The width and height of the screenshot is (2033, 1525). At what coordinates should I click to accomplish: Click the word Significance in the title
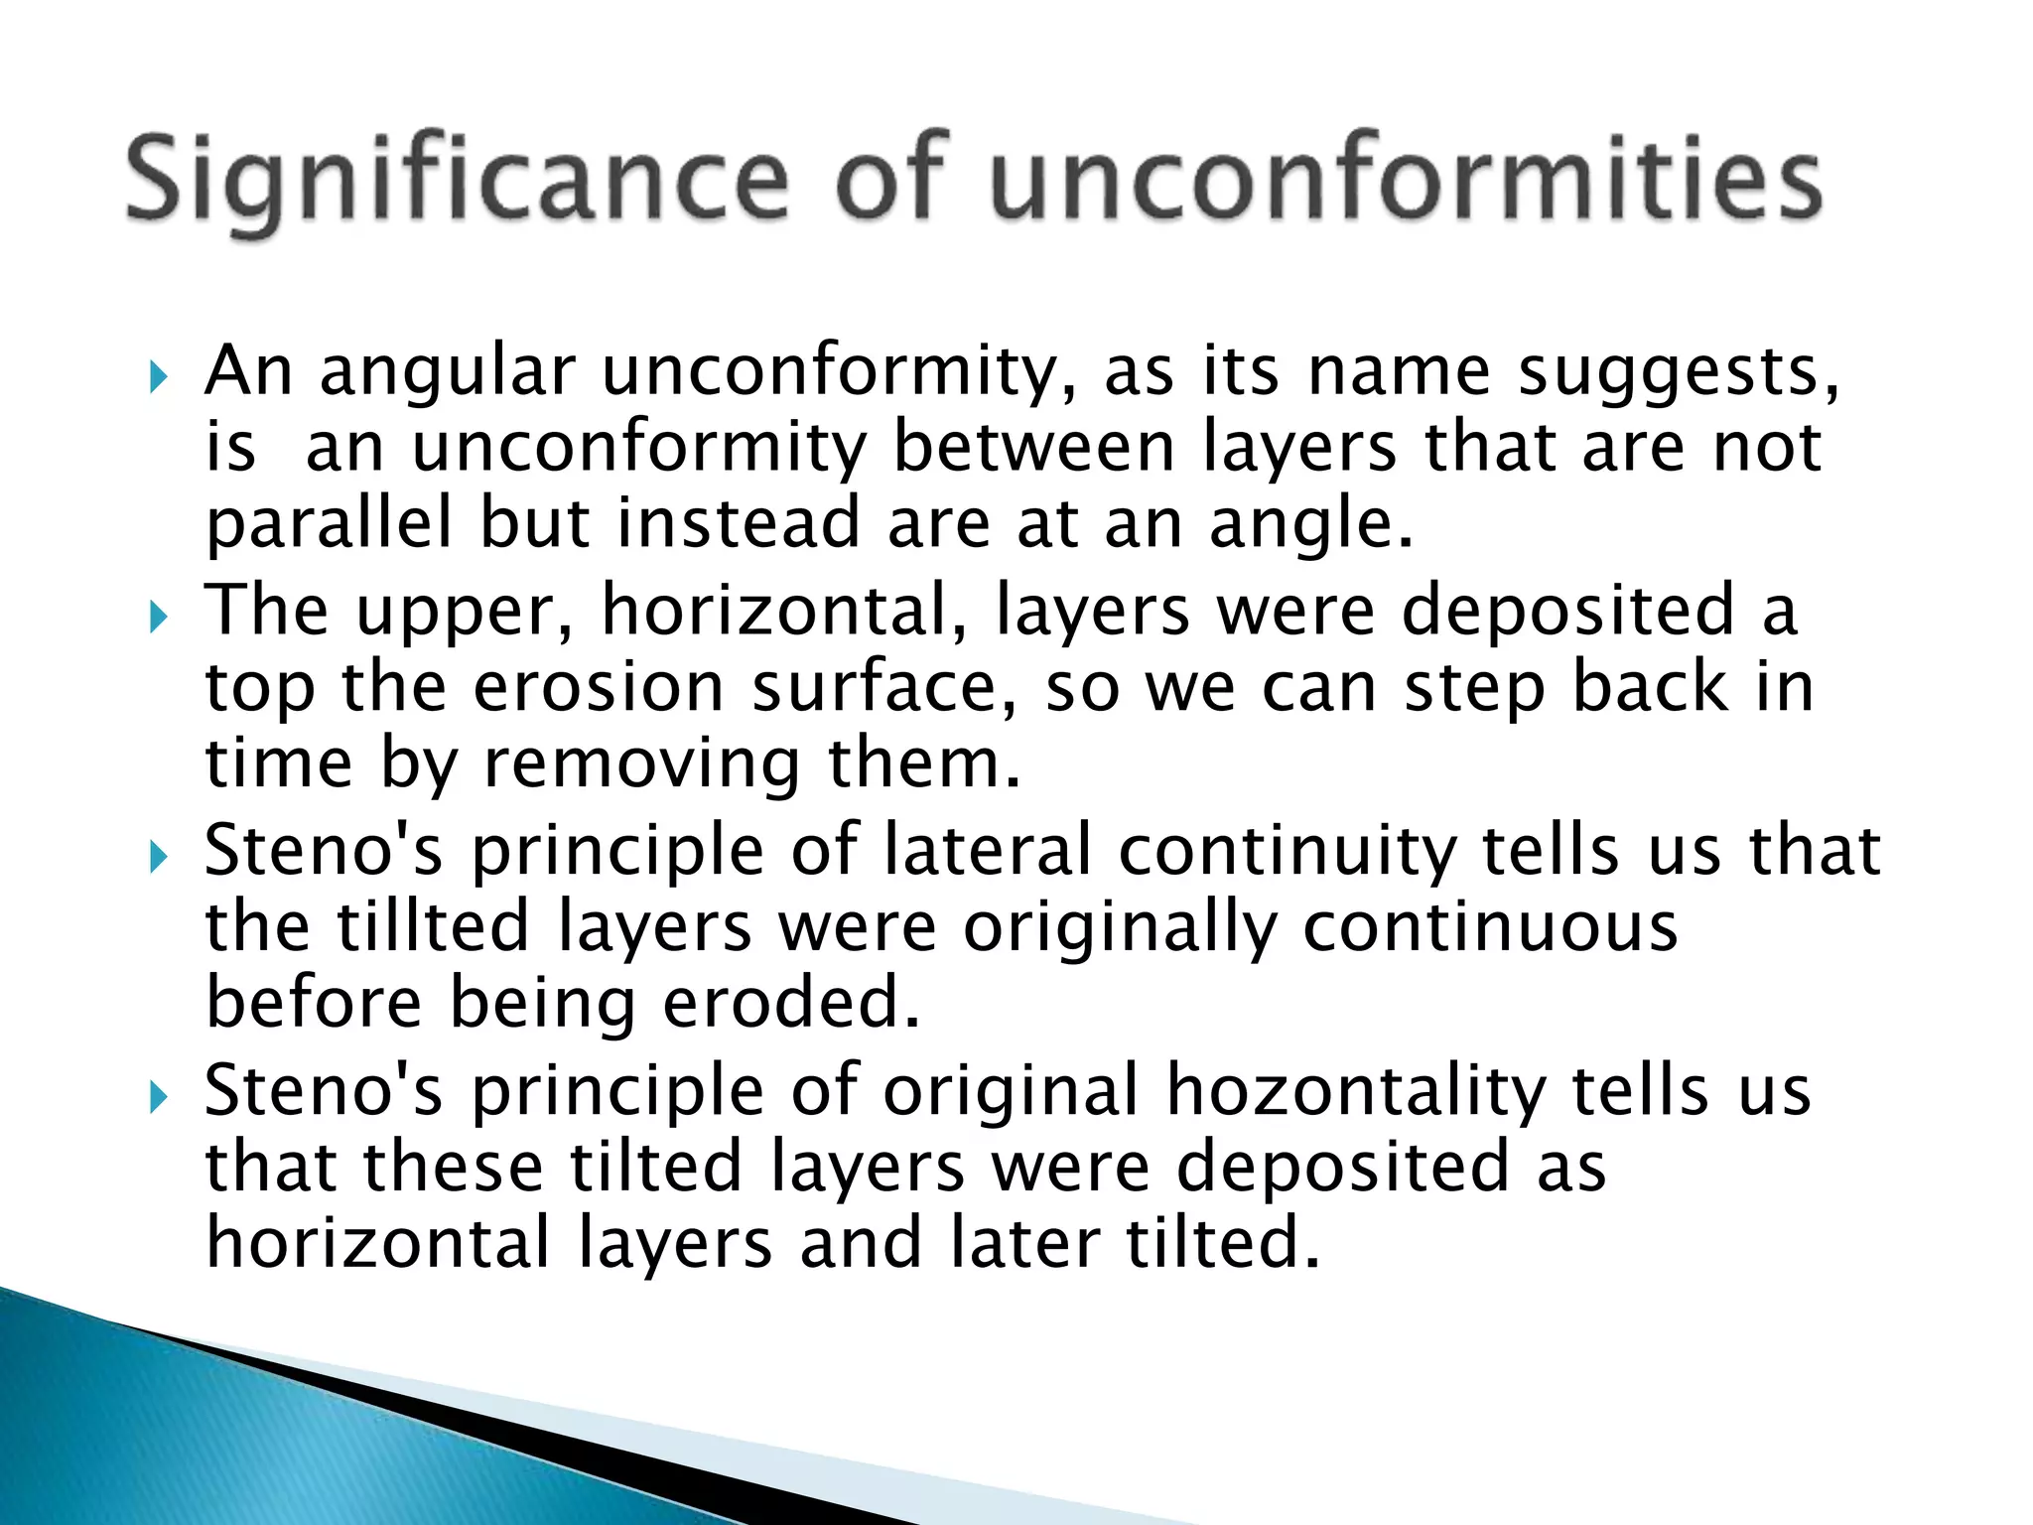coord(458,181)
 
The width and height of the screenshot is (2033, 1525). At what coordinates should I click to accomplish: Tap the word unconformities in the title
coord(1407,181)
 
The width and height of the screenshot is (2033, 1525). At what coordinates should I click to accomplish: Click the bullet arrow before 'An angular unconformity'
coord(158,376)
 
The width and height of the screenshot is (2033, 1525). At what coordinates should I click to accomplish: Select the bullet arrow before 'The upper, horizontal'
coord(158,618)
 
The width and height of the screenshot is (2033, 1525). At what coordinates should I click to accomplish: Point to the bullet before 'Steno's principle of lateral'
coord(158,857)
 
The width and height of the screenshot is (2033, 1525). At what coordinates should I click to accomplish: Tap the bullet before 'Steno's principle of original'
coord(158,1097)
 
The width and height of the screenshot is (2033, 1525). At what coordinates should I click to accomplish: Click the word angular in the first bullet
coord(448,373)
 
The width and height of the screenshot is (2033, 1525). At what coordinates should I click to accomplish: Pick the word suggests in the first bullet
coord(1679,373)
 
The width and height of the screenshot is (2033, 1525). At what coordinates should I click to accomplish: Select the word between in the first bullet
coord(1033,448)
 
